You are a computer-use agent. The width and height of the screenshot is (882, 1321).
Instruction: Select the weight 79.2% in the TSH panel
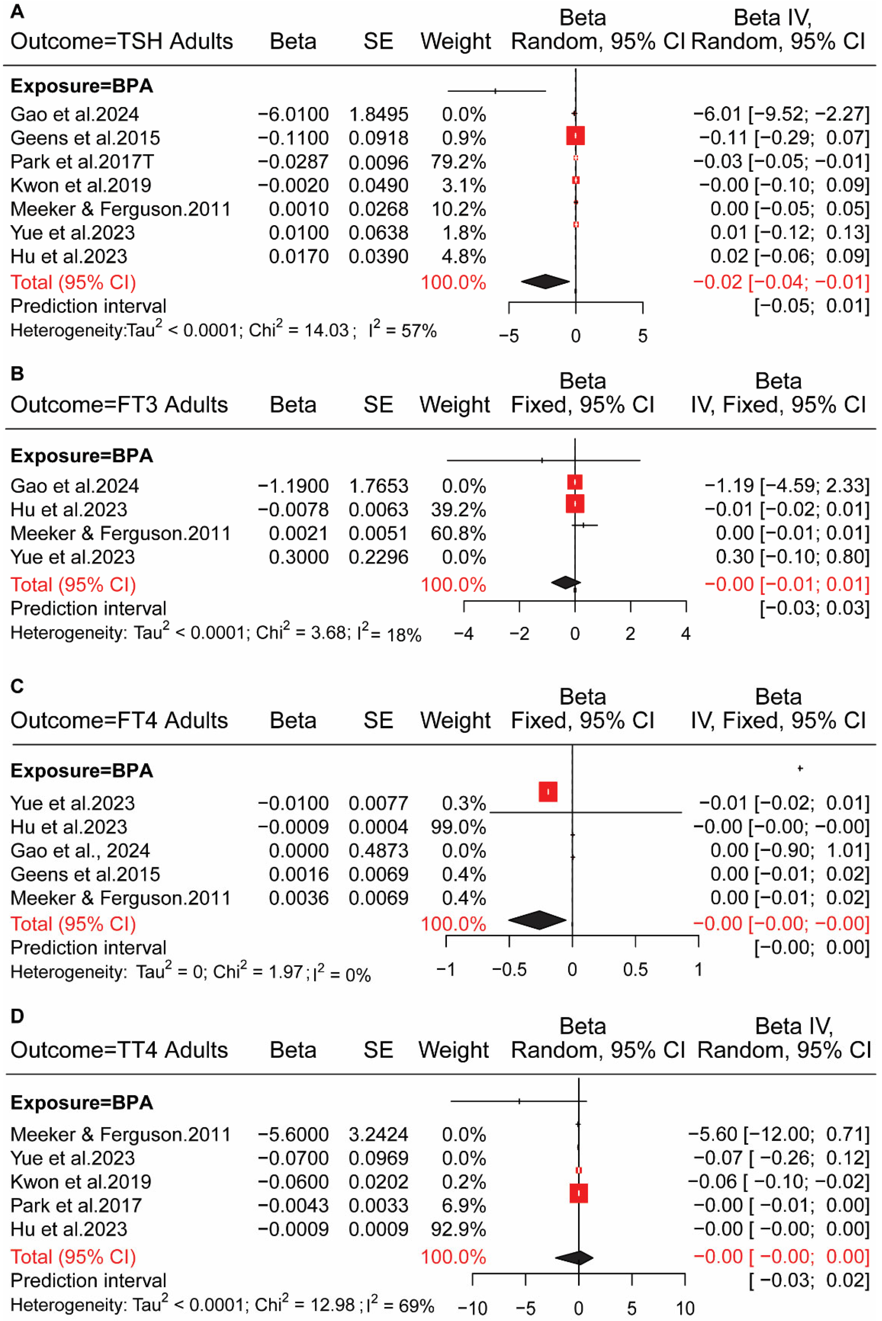coord(458,162)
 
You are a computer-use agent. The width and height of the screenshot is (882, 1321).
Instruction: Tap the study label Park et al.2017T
coord(82,162)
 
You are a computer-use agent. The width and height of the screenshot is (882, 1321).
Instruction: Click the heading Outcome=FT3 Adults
coord(119,404)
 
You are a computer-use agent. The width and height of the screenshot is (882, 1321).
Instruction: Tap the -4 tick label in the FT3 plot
coord(464,634)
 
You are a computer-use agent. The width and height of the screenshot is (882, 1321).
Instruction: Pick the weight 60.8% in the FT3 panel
coord(458,533)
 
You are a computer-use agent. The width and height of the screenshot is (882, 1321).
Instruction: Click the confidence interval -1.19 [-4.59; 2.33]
coord(786,486)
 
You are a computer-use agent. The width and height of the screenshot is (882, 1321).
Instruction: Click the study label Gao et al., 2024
coord(80,850)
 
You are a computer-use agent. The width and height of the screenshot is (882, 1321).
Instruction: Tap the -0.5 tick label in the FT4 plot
coord(509,970)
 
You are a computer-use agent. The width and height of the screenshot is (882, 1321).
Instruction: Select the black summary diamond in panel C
coord(537,920)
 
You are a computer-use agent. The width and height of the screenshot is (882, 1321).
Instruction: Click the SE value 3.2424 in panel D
coord(378,1134)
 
